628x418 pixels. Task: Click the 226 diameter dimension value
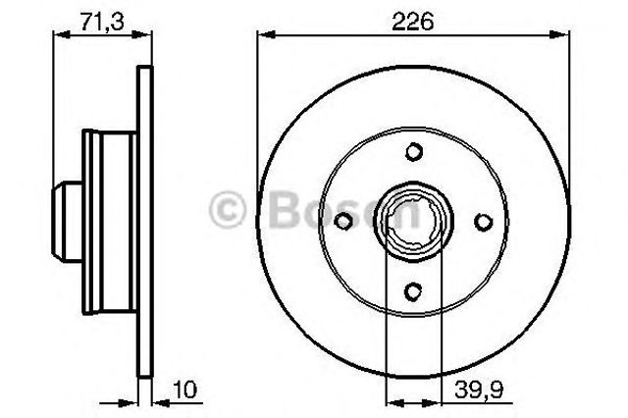click(x=412, y=22)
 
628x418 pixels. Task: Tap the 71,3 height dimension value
click(x=102, y=22)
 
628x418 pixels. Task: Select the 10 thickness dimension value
click(x=184, y=390)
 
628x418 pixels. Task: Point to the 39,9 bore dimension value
click(x=479, y=390)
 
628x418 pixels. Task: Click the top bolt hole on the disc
click(x=414, y=152)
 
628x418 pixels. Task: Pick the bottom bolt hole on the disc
click(x=414, y=291)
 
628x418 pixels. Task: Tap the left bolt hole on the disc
click(x=343, y=221)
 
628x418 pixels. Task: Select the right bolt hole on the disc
click(x=484, y=222)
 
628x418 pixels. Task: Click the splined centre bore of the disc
click(x=413, y=222)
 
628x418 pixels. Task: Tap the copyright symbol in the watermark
click(x=227, y=209)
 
